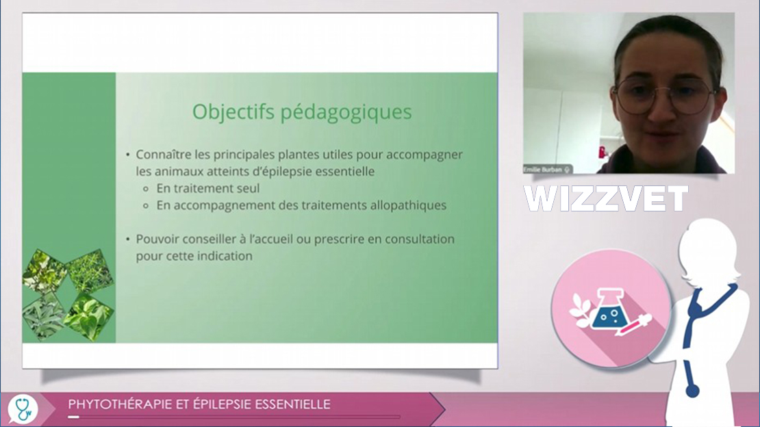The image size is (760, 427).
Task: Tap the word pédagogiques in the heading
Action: [x=346, y=113]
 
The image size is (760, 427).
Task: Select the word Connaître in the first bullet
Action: [x=164, y=155]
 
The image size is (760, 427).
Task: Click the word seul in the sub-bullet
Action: [x=248, y=188]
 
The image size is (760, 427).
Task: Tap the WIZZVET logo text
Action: [x=605, y=198]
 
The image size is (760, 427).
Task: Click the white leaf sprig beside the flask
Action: [x=581, y=307]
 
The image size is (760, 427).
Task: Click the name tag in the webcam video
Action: [x=547, y=169]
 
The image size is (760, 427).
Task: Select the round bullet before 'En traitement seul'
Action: [x=146, y=189]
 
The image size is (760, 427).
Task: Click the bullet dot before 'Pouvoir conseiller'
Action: [x=128, y=240]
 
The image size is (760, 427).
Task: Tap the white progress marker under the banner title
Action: [x=74, y=417]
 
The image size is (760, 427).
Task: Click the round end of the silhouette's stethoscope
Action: [x=692, y=389]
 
